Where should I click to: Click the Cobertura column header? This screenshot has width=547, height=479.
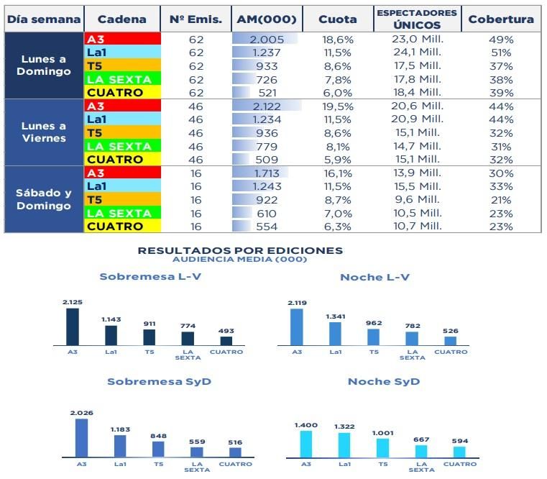(x=500, y=19)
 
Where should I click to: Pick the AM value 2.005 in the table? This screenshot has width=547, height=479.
(x=267, y=40)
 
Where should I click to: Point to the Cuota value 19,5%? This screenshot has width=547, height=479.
(x=337, y=106)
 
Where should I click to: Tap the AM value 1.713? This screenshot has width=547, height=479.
(x=267, y=173)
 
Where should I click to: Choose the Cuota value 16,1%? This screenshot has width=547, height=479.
(x=337, y=173)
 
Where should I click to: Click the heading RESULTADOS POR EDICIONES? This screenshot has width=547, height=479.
(x=240, y=250)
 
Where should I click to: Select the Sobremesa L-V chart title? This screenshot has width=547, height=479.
(x=150, y=277)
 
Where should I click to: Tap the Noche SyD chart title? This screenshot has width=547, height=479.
(x=383, y=381)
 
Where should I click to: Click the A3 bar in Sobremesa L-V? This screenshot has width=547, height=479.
(x=73, y=327)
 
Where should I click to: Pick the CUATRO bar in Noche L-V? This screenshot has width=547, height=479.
(x=451, y=341)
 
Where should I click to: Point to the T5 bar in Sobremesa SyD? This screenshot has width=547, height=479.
(x=158, y=449)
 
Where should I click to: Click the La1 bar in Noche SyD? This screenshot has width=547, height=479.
(x=345, y=445)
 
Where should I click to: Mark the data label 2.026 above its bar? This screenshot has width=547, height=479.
(x=81, y=413)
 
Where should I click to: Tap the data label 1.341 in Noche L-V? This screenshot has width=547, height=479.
(x=335, y=316)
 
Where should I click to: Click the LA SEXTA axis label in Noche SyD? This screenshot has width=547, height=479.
(x=421, y=467)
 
